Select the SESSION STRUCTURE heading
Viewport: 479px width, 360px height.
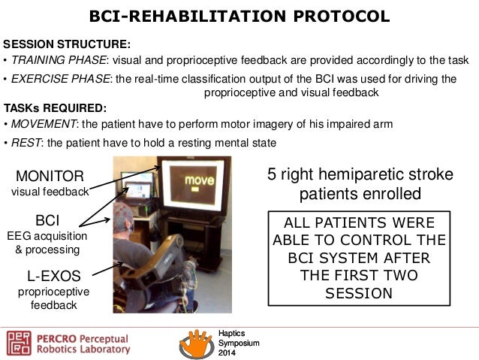pyautogui.click(x=68, y=44)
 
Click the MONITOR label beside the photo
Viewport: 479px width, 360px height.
pyautogui.click(x=50, y=177)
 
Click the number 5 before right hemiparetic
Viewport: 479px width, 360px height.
pyautogui.click(x=273, y=175)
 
